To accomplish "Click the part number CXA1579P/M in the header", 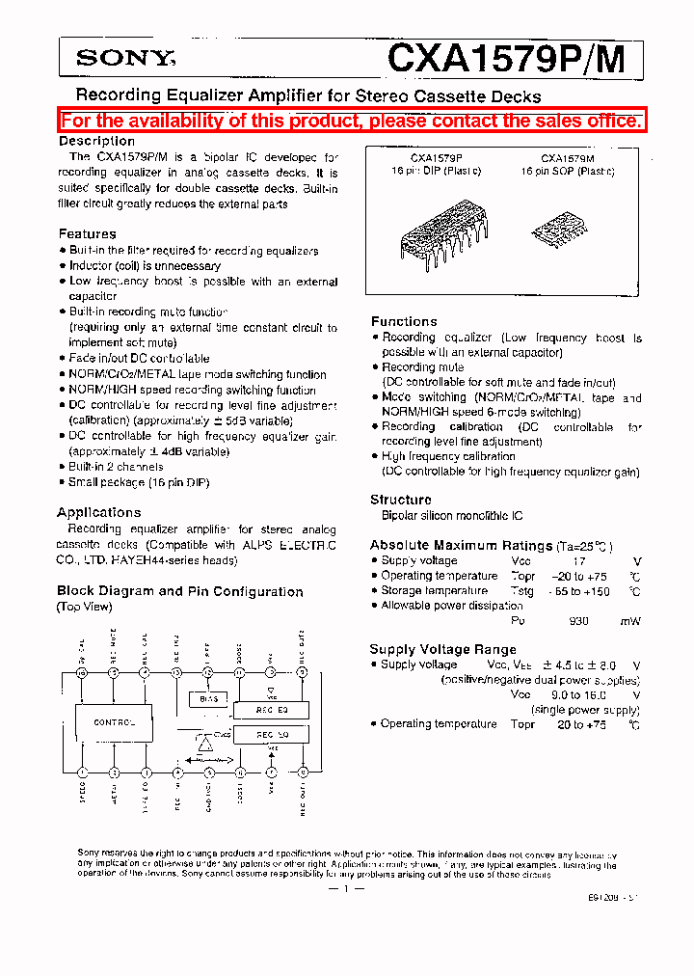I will [505, 59].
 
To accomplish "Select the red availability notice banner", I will [351, 121].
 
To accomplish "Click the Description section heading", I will [96, 141].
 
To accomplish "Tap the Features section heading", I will [87, 233].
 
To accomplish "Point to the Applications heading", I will [98, 512].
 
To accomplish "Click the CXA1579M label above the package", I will [567, 157].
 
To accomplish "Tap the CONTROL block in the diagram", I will [114, 721].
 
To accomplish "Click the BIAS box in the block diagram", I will [208, 698].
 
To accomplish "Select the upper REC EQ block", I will [271, 710].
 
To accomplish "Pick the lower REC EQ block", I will [271, 735].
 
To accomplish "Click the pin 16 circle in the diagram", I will [83, 672].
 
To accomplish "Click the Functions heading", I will [404, 321].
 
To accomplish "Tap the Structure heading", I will [401, 500].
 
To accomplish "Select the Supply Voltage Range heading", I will [443, 649].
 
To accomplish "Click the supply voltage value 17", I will [578, 560].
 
